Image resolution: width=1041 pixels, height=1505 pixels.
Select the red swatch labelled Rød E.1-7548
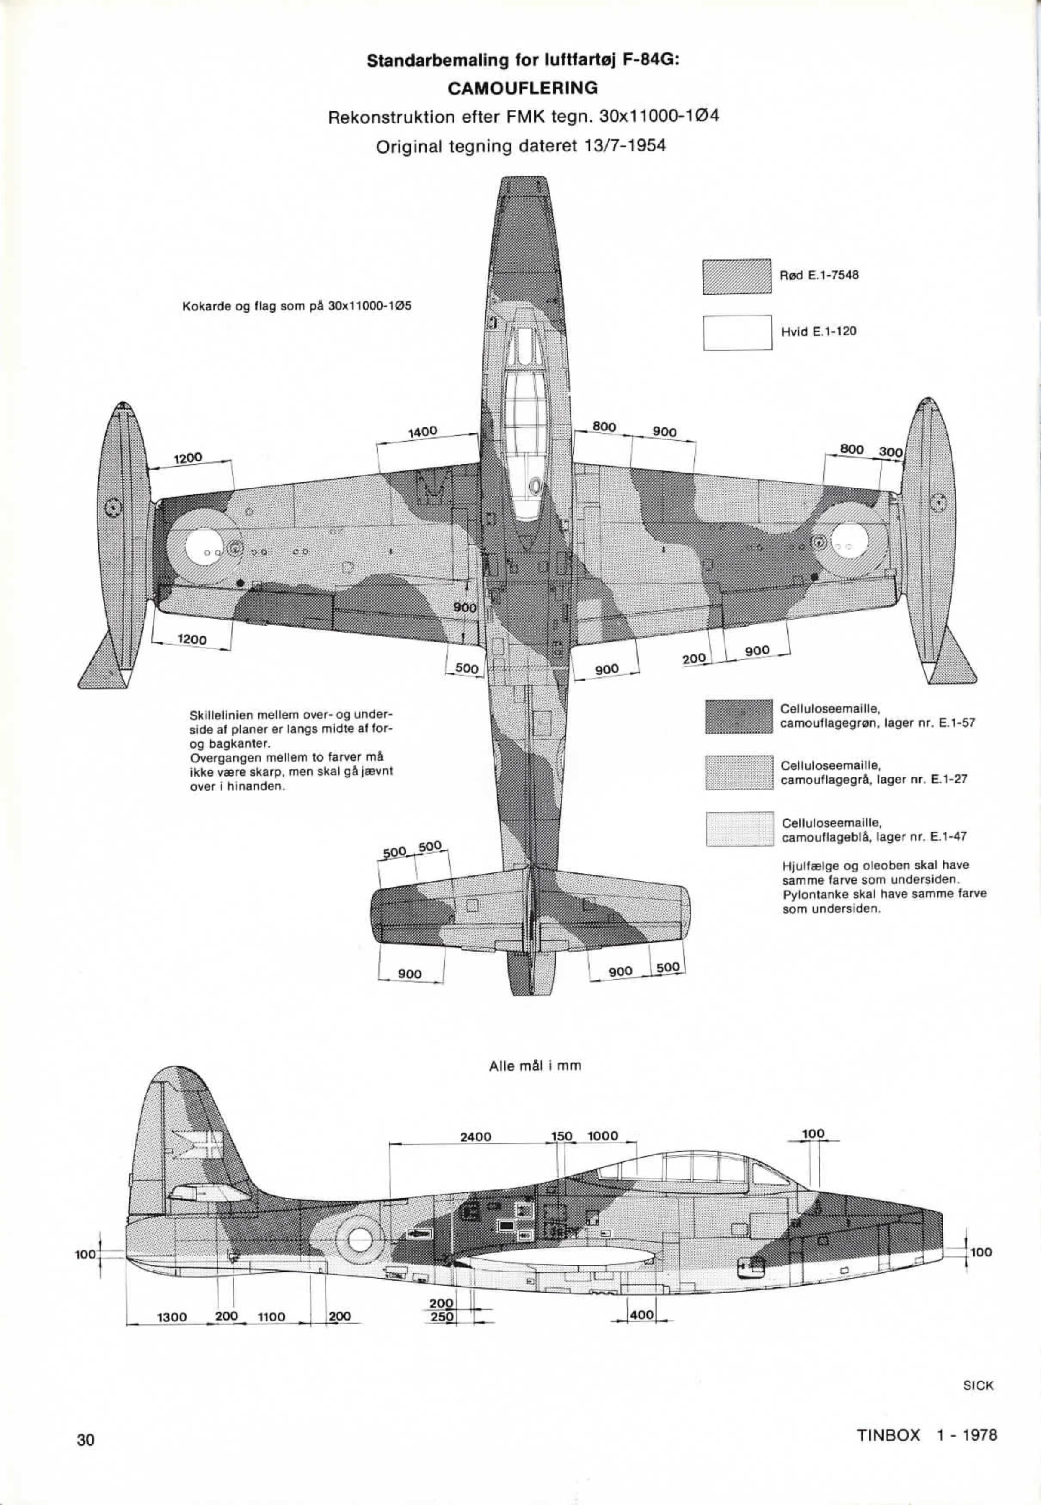click(x=737, y=276)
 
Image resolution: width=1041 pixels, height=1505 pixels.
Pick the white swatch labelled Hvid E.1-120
click(x=737, y=332)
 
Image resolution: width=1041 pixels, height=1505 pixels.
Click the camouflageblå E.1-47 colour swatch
click(x=739, y=829)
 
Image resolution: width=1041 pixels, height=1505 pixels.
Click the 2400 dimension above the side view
click(x=476, y=1136)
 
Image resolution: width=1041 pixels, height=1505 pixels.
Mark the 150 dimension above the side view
click(x=562, y=1135)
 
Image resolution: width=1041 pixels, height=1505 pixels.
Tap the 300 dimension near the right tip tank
click(x=891, y=452)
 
